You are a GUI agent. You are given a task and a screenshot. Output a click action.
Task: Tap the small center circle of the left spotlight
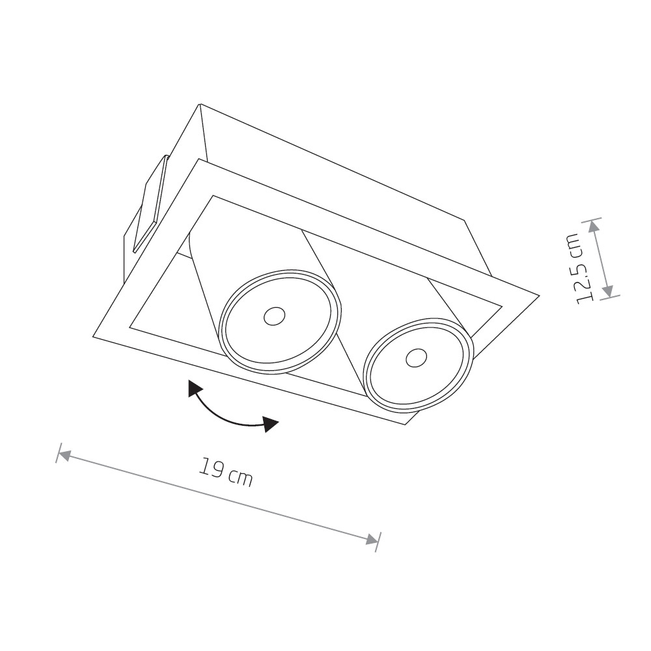[275, 317]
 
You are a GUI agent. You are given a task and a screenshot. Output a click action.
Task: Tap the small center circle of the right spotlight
[417, 357]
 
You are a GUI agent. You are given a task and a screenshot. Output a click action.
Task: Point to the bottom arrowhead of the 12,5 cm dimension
[607, 291]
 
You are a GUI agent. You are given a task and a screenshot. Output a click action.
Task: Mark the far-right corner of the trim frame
[539, 295]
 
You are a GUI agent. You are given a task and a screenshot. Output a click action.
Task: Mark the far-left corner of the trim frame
[92, 337]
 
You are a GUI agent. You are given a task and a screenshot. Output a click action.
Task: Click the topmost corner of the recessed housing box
[201, 104]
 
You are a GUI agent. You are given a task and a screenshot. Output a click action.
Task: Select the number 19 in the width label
[210, 467]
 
